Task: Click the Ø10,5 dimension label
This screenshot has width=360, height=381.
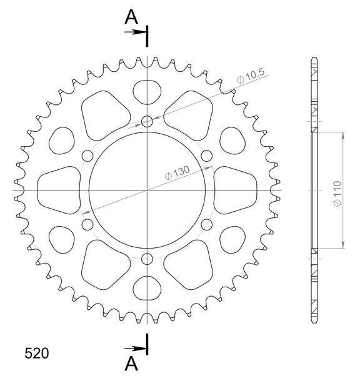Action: (251, 76)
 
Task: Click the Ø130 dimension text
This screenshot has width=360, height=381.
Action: (177, 173)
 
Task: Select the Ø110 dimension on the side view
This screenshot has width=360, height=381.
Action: (337, 194)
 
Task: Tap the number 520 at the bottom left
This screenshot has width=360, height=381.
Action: (36, 354)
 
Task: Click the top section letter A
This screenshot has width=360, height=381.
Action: (131, 17)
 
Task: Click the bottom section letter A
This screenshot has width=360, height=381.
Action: (131, 364)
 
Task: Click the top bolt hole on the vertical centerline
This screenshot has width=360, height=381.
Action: (147, 121)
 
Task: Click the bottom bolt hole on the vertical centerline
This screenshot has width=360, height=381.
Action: (147, 259)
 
